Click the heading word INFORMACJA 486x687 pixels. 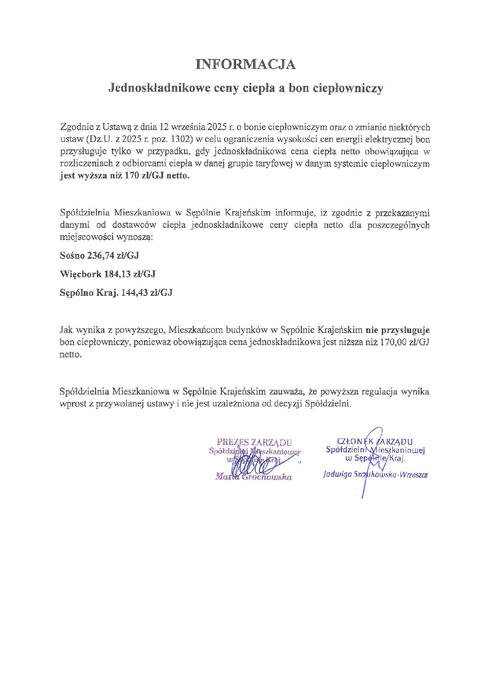pyautogui.click(x=245, y=64)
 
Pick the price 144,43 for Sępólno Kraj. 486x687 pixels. pyautogui.click(x=135, y=293)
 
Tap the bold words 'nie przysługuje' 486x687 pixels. pyautogui.click(x=397, y=330)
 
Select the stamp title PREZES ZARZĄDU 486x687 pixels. pyautogui.click(x=254, y=442)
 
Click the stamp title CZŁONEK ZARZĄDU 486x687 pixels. pyautogui.click(x=374, y=442)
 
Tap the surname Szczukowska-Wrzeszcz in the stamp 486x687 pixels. pyautogui.click(x=390, y=475)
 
